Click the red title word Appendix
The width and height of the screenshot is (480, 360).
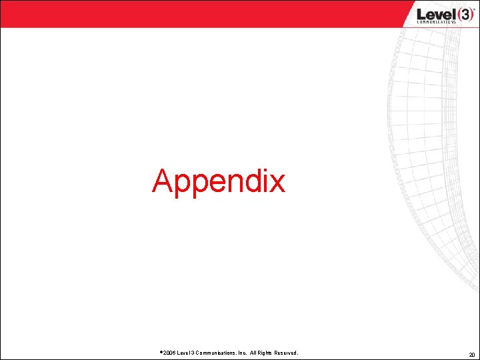[x=219, y=181]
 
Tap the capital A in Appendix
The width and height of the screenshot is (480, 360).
[x=163, y=181]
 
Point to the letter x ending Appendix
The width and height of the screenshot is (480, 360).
[x=277, y=183]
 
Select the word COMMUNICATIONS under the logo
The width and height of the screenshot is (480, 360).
[x=436, y=22]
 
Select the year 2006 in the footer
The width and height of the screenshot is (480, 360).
[x=169, y=352]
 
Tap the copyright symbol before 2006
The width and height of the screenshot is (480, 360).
[x=161, y=351]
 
